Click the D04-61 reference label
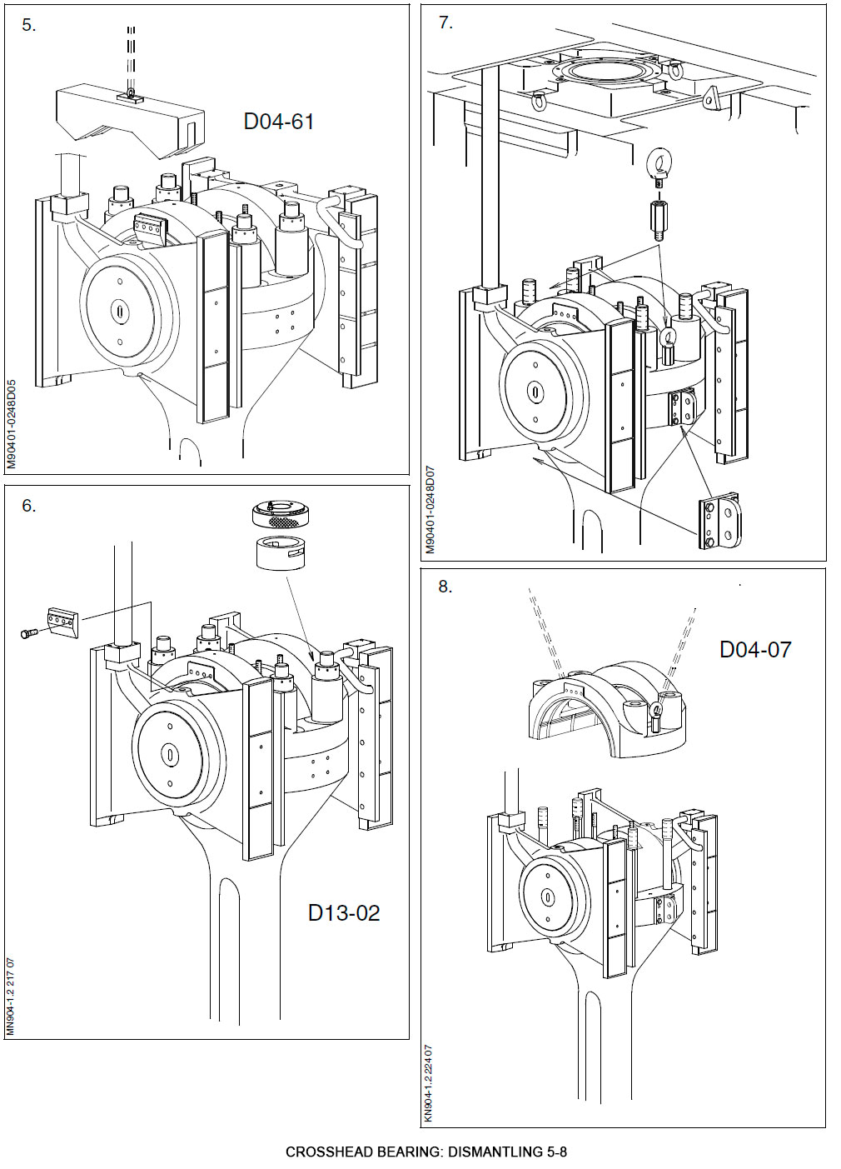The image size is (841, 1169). pyautogui.click(x=278, y=122)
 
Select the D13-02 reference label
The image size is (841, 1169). pyautogui.click(x=343, y=913)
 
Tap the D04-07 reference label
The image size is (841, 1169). pyautogui.click(x=754, y=650)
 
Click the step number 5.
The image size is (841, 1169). pyautogui.click(x=29, y=26)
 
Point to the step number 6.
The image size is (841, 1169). pyautogui.click(x=29, y=507)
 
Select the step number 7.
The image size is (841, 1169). pyautogui.click(x=445, y=23)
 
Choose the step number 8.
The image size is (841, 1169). pyautogui.click(x=445, y=587)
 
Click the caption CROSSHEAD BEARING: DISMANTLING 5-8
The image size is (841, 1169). pyautogui.click(x=425, y=1152)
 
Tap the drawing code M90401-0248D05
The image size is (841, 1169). pyautogui.click(x=12, y=425)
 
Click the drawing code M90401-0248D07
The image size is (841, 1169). pyautogui.click(x=430, y=509)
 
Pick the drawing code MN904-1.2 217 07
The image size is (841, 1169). pyautogui.click(x=11, y=997)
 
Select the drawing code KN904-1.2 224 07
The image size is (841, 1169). pyautogui.click(x=429, y=1083)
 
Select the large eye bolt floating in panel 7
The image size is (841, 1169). pyautogui.click(x=659, y=167)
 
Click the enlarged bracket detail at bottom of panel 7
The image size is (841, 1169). pyautogui.click(x=719, y=522)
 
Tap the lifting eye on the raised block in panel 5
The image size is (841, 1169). pyautogui.click(x=132, y=91)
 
